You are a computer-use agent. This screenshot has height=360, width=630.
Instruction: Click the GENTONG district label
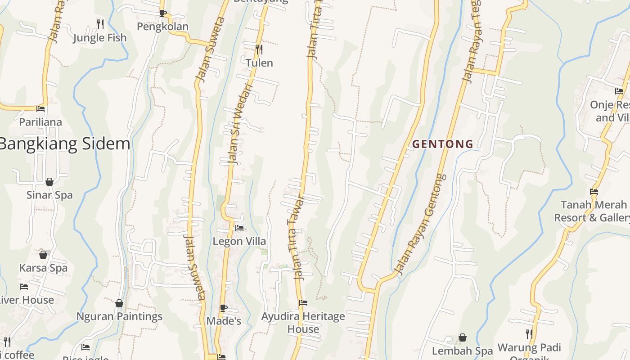pyautogui.click(x=443, y=144)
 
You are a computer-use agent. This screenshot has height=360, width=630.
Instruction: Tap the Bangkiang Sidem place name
pyautogui.click(x=64, y=144)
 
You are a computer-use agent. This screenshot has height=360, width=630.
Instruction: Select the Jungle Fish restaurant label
pyautogui.click(x=100, y=38)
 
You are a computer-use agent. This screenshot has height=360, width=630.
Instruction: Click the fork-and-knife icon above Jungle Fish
pyautogui.click(x=100, y=23)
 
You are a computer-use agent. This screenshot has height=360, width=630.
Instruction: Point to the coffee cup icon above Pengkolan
pyautogui.click(x=162, y=13)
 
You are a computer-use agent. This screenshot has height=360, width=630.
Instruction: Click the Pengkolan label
pyautogui.click(x=162, y=27)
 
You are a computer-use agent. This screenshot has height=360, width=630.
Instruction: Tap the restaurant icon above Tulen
pyautogui.click(x=259, y=49)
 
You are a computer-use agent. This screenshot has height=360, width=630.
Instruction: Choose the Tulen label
pyautogui.click(x=259, y=63)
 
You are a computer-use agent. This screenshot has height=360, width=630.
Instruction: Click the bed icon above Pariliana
pyautogui.click(x=40, y=108)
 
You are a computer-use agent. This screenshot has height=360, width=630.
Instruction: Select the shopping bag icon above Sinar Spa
pyautogui.click(x=49, y=182)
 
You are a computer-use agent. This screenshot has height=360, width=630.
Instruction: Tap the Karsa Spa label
pyautogui.click(x=43, y=268)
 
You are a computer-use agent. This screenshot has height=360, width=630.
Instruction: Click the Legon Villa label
pyautogui.click(x=239, y=242)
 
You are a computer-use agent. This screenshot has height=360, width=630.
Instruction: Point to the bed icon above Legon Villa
pyautogui.click(x=239, y=228)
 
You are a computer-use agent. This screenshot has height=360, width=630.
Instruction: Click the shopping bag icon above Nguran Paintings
pyautogui.click(x=119, y=303)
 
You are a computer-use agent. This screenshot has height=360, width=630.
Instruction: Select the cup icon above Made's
pyautogui.click(x=224, y=308)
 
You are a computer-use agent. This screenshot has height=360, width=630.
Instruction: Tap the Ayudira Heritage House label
pyautogui.click(x=303, y=323)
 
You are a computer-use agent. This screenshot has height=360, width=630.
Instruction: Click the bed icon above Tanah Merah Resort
pyautogui.click(x=594, y=191)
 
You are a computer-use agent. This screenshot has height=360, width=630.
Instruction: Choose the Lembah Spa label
pyautogui.click(x=462, y=351)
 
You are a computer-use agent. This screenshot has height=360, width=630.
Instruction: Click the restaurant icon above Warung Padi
pyautogui.click(x=529, y=334)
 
